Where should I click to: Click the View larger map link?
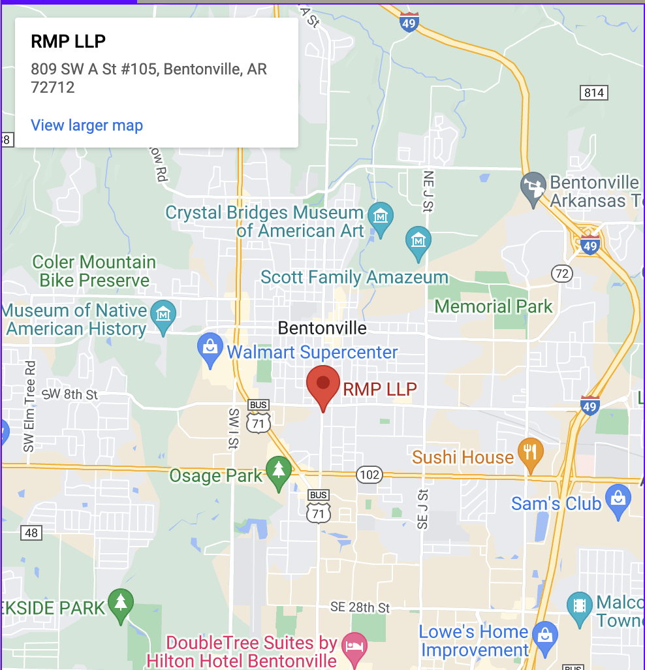pos(87,125)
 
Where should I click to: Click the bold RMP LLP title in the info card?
pos(68,41)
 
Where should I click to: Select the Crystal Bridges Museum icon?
pos(379,214)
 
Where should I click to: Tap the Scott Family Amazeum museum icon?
pos(418,240)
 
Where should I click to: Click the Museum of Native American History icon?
pos(163,314)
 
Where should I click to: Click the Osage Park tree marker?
pos(279,470)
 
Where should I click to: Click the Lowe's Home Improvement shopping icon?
pos(544,633)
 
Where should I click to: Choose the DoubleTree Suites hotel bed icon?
pos(354,646)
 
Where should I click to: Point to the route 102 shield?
pos(370,474)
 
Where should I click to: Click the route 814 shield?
pos(593,93)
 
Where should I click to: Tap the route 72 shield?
pos(562,274)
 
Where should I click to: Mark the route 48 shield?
pos(31,533)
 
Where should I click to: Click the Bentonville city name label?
pos(322,328)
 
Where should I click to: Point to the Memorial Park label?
pos(494,306)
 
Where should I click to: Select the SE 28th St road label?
pos(360,607)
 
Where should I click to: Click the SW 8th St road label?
pos(69,394)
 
